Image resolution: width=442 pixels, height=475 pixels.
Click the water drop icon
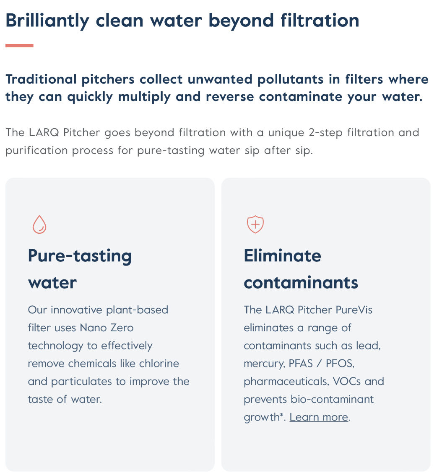[x=39, y=225]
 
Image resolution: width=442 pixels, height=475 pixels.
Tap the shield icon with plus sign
[x=255, y=225]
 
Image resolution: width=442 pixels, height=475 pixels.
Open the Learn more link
[x=319, y=417]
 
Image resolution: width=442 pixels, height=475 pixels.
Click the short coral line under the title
[x=19, y=46]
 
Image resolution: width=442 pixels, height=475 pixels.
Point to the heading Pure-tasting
[x=80, y=256]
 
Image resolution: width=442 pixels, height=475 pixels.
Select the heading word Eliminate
[x=282, y=256]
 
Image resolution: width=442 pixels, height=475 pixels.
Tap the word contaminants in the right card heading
[x=301, y=283]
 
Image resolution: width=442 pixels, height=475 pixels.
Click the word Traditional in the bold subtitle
[x=41, y=79]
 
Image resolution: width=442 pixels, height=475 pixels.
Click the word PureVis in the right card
[x=354, y=310]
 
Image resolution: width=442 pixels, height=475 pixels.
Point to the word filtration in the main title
[x=320, y=21]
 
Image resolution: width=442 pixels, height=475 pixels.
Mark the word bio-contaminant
[x=332, y=399]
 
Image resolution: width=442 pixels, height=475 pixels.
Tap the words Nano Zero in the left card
[x=107, y=328]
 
